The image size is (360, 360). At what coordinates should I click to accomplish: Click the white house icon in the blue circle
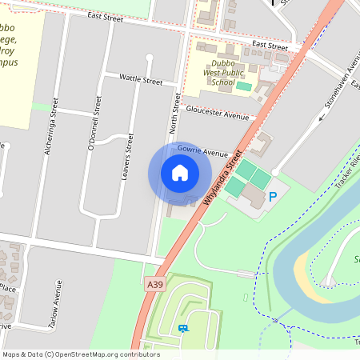pyautogui.click(x=180, y=173)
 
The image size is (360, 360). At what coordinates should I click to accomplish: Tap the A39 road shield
pyautogui.click(x=156, y=283)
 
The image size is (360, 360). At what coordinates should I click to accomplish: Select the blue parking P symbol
pyautogui.click(x=273, y=196)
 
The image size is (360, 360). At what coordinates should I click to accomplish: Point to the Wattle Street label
pyautogui.click(x=140, y=81)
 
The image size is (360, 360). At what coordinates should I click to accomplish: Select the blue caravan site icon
pyautogui.click(x=183, y=328)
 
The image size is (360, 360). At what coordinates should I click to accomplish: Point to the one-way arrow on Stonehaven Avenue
pyautogui.click(x=322, y=117)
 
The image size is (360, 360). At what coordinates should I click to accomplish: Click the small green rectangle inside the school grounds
pyautogui.click(x=242, y=85)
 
